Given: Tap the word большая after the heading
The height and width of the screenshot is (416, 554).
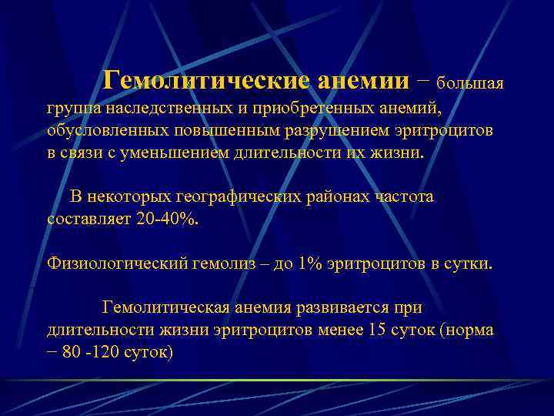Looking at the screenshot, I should click(470, 82).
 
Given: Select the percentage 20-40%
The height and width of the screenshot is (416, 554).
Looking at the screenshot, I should click(166, 219).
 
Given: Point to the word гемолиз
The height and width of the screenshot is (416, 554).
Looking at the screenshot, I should click(216, 263).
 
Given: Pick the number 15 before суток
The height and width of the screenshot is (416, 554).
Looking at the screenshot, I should click(379, 330).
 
